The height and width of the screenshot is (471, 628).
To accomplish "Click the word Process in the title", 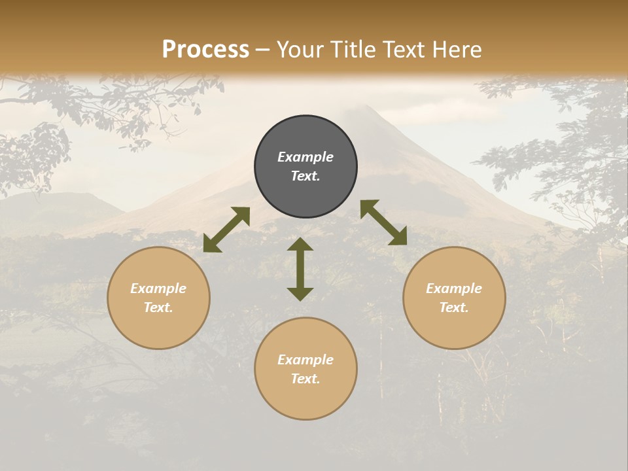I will (x=205, y=50).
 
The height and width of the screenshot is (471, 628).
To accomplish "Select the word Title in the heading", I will (x=354, y=50).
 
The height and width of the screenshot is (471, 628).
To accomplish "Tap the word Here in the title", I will (x=457, y=50).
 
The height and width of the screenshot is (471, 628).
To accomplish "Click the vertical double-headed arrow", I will (x=300, y=269).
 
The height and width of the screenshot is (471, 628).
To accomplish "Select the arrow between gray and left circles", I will (x=226, y=230).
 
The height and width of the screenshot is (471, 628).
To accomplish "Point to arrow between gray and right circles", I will (x=383, y=222).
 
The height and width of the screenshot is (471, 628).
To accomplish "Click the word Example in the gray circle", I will (x=305, y=157).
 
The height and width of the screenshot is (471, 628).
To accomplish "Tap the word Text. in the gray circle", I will (x=305, y=176).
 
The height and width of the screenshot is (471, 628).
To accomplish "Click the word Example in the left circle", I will (x=158, y=288).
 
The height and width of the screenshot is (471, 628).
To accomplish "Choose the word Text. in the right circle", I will (x=454, y=307).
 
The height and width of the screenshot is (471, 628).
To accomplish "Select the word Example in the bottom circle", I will (x=305, y=360).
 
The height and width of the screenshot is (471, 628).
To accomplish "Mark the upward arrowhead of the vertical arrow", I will (x=300, y=244).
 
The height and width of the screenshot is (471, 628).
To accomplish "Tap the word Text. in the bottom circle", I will (x=305, y=379).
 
